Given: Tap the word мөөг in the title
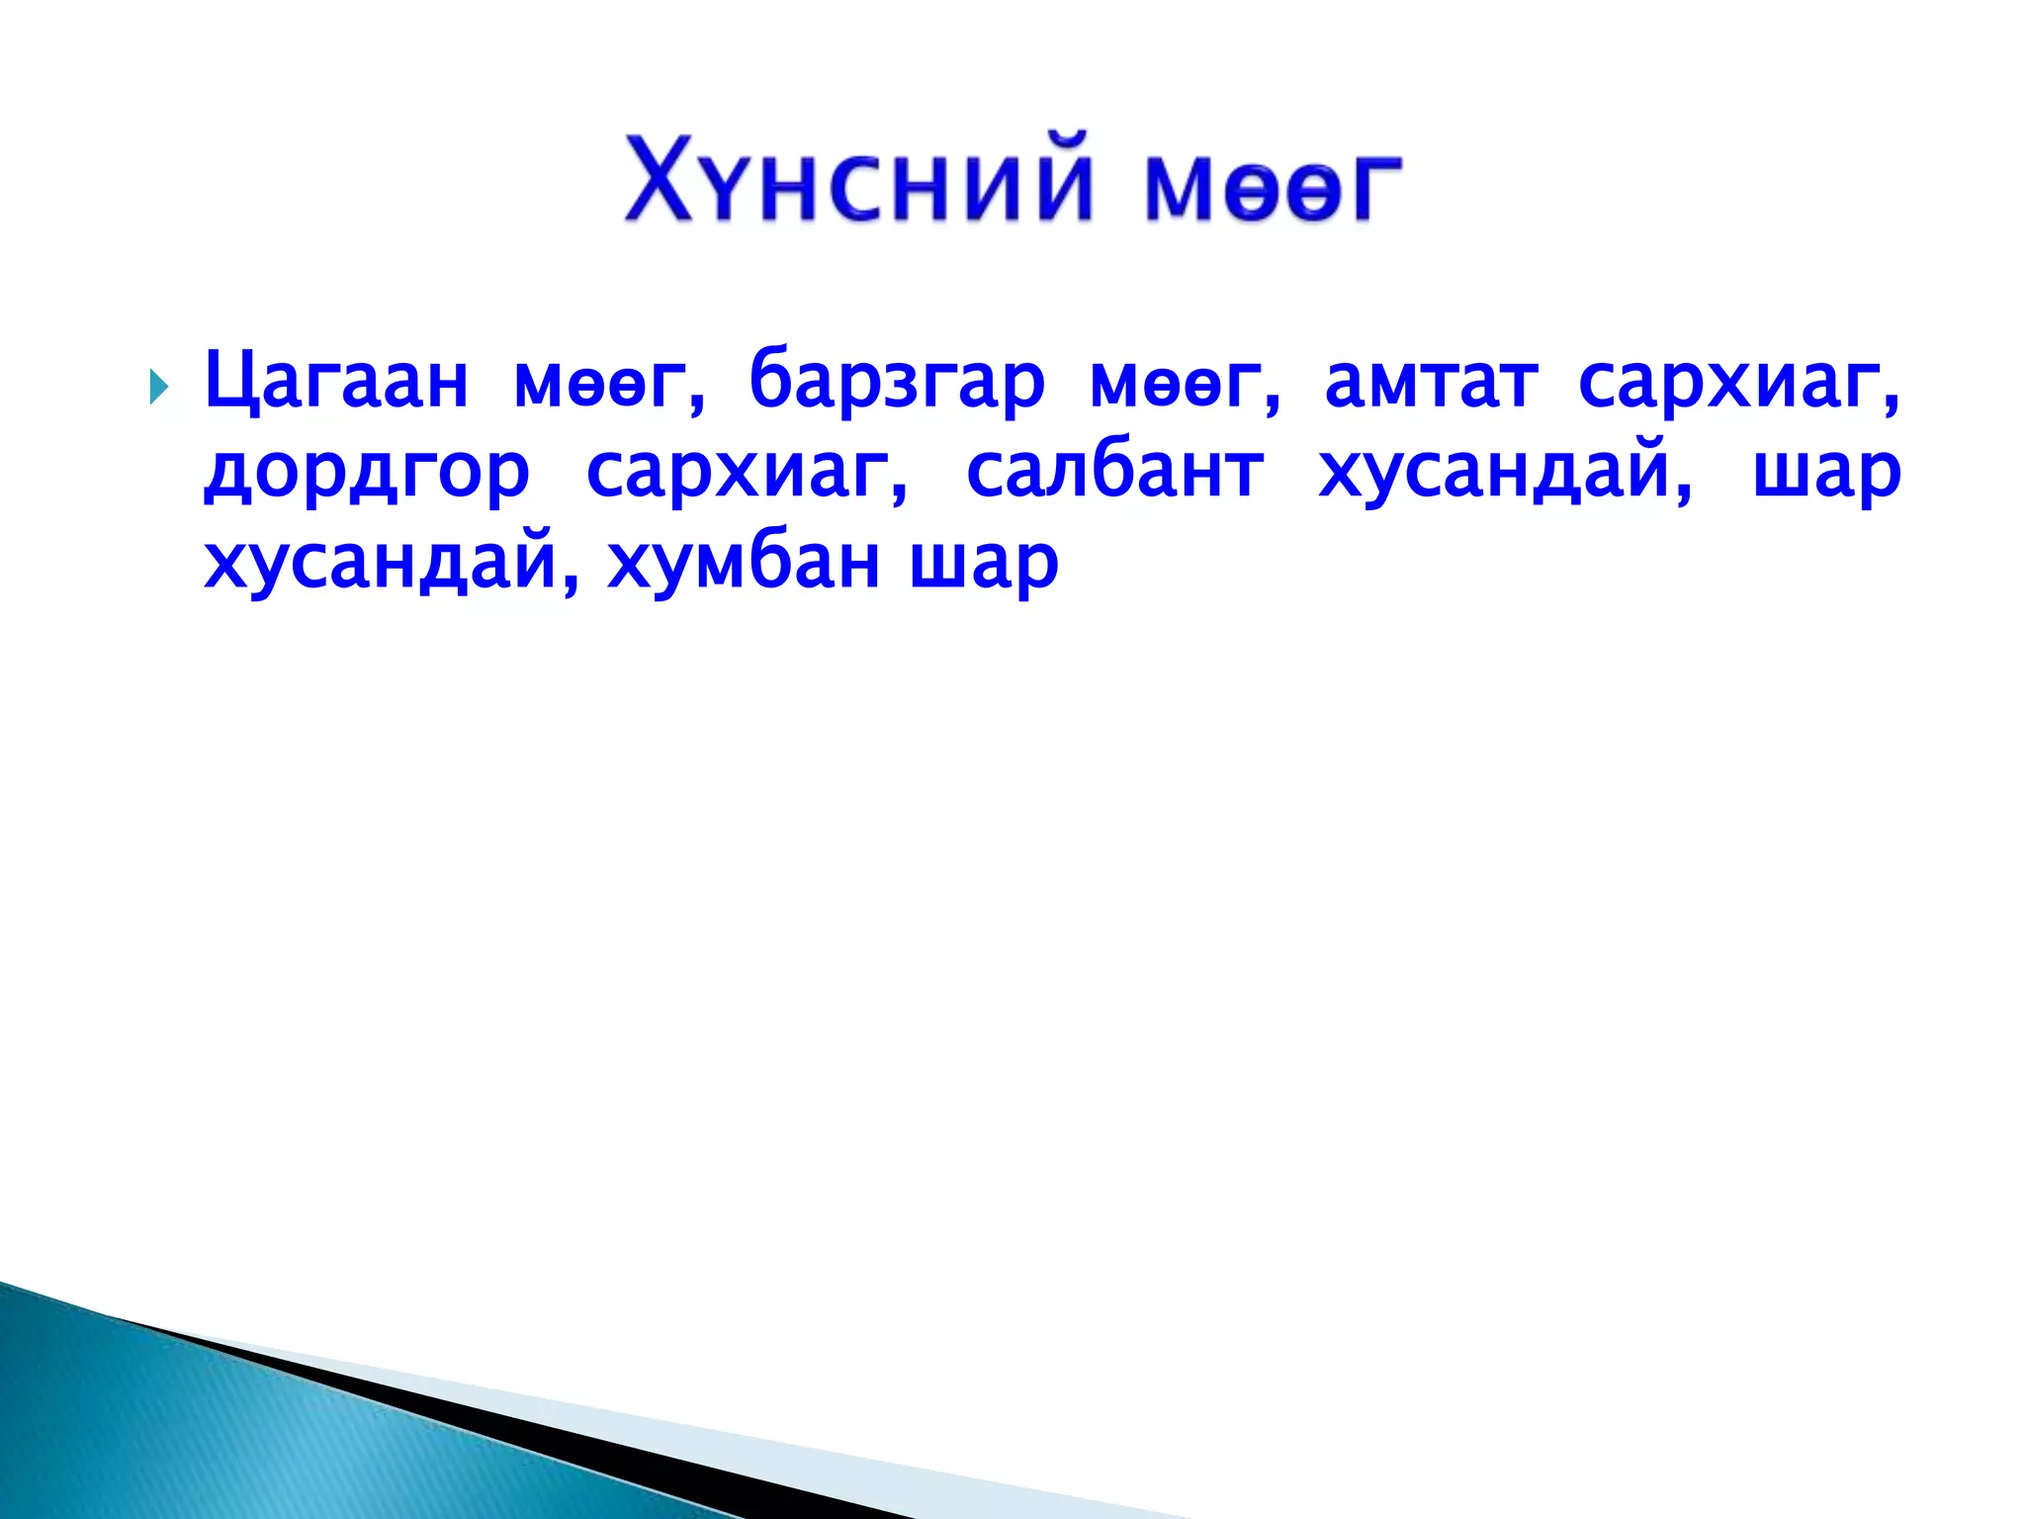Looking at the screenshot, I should (x=1274, y=188).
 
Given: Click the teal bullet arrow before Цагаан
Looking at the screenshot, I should (x=158, y=385).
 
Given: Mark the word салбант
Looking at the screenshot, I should (x=1114, y=472).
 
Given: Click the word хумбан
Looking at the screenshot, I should (x=743, y=564).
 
